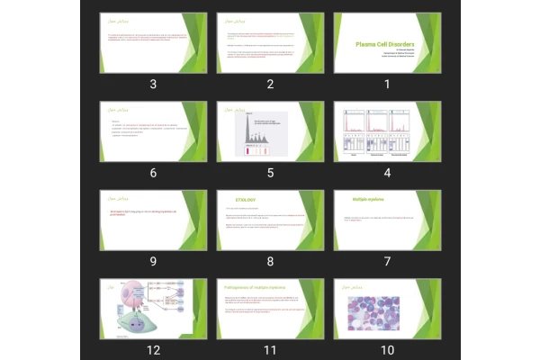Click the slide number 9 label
coord(153,262)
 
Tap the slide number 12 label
coord(153,350)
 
